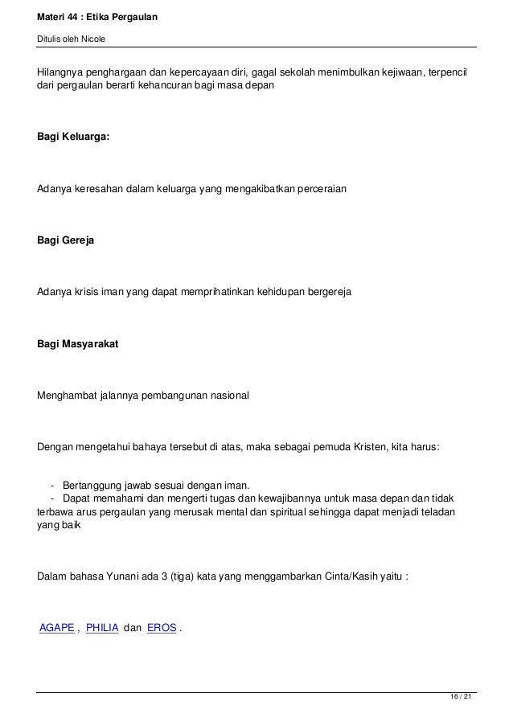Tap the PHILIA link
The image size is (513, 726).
(101, 628)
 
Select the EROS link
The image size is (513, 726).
(162, 628)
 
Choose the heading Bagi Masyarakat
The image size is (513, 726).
(78, 344)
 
